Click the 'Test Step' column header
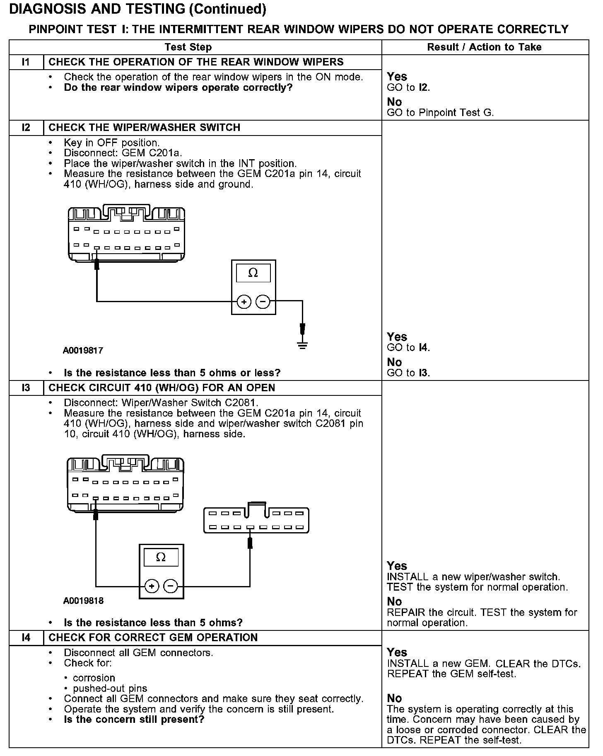click(188, 47)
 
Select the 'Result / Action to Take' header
click(484, 47)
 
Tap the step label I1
click(26, 62)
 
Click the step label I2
click(26, 128)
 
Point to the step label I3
click(26, 388)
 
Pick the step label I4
click(26, 637)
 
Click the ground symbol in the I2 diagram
click(303, 345)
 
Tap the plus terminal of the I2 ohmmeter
click(244, 302)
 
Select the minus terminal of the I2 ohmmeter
click(263, 302)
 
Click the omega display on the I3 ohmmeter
click(161, 557)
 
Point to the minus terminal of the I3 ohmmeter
click(171, 586)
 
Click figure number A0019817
click(83, 351)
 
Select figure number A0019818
click(83, 601)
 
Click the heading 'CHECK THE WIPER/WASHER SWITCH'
click(144, 128)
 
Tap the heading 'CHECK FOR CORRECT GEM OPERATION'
click(153, 637)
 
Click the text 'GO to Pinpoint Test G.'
click(440, 113)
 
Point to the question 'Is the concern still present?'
click(134, 720)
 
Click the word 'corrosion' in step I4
click(94, 678)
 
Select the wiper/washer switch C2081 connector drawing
click(256, 520)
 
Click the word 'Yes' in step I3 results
click(397, 566)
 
